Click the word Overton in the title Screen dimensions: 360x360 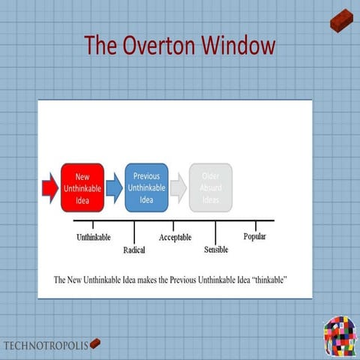(x=160, y=45)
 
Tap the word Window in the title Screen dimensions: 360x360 (x=236, y=45)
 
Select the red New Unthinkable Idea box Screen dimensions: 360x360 (x=82, y=188)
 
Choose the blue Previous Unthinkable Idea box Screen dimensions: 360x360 (x=146, y=187)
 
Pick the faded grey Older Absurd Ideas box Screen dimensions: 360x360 (x=210, y=187)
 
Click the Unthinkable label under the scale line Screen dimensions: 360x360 (x=94, y=238)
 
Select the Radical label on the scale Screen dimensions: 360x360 (x=133, y=250)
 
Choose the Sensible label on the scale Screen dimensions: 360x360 (x=216, y=250)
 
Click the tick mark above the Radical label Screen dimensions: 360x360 (x=133, y=231)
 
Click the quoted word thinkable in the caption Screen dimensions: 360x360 (x=268, y=280)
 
